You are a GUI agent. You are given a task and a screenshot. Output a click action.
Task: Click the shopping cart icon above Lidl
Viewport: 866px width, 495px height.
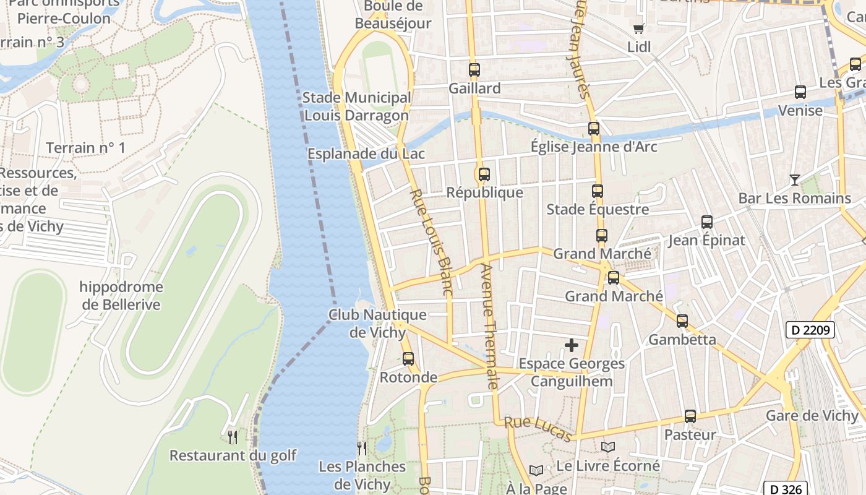tap(638, 28)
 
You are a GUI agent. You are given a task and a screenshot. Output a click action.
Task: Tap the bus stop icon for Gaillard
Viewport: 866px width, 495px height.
tap(474, 70)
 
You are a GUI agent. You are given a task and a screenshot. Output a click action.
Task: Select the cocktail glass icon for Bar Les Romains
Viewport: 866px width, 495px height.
tap(795, 180)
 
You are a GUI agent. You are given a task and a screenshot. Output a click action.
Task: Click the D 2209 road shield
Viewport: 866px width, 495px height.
tap(810, 330)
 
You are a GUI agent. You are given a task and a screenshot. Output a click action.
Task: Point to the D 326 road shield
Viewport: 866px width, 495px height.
tap(787, 489)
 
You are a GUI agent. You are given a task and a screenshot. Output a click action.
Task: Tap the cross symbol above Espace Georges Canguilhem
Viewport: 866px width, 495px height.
tap(572, 345)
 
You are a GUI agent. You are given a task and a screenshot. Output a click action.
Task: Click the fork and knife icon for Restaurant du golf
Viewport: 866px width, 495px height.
tap(233, 437)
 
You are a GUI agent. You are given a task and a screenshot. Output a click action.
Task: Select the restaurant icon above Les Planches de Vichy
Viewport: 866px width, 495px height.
tap(362, 448)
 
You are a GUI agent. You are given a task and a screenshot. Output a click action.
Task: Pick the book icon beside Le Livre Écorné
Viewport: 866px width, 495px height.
tap(608, 447)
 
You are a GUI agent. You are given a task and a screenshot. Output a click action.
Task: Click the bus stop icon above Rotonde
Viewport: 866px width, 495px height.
tap(408, 359)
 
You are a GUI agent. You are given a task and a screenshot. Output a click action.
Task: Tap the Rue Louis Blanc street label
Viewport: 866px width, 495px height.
tap(431, 241)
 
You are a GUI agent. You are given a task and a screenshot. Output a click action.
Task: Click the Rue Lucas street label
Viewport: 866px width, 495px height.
tap(538, 429)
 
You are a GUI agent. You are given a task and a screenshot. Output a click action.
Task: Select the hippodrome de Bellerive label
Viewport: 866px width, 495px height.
tap(121, 296)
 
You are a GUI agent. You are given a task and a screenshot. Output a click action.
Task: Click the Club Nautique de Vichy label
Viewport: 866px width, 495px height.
tap(377, 323)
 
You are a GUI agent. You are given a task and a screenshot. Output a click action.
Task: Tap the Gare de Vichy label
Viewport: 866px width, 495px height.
tap(812, 415)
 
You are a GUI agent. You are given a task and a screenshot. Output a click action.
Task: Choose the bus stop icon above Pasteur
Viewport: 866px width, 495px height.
tap(690, 416)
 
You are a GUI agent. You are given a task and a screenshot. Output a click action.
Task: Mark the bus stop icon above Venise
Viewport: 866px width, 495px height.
tap(800, 92)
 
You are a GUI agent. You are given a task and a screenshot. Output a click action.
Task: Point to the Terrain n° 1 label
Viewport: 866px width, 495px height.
tap(85, 147)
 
